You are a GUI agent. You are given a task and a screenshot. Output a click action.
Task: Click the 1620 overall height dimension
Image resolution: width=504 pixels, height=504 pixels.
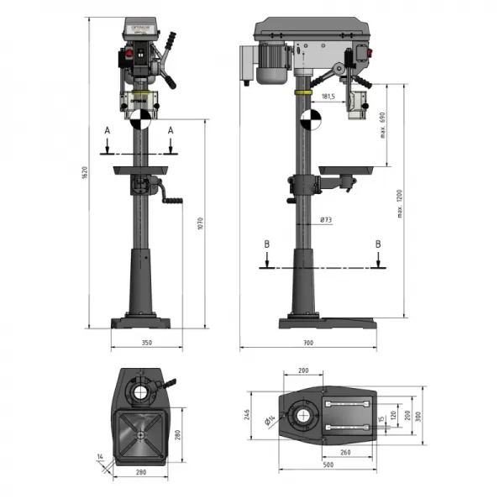pyautogui.click(x=85, y=173)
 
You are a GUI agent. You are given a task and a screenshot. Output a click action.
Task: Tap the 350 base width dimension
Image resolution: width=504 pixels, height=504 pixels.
pyautogui.click(x=146, y=343)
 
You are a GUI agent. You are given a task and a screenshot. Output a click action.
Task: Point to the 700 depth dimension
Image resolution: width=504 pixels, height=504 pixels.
pyautogui.click(x=307, y=343)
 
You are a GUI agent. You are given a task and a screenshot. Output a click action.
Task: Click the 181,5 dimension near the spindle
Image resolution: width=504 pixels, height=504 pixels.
pyautogui.click(x=328, y=97)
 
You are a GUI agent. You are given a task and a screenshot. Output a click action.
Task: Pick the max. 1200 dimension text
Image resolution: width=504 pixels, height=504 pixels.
pyautogui.click(x=401, y=202)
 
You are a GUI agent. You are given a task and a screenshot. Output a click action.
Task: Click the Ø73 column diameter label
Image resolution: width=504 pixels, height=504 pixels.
pyautogui.click(x=325, y=220)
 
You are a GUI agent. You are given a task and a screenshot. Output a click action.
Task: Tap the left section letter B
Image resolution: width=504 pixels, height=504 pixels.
pyautogui.click(x=266, y=244)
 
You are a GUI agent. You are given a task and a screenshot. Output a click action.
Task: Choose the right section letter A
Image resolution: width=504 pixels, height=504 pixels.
pyautogui.click(x=171, y=130)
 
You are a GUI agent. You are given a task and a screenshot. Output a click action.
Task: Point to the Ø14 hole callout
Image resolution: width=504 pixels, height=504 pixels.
pyautogui.click(x=270, y=421)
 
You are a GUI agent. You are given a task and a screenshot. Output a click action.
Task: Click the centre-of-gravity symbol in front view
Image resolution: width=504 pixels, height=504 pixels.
pyautogui.click(x=141, y=118)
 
